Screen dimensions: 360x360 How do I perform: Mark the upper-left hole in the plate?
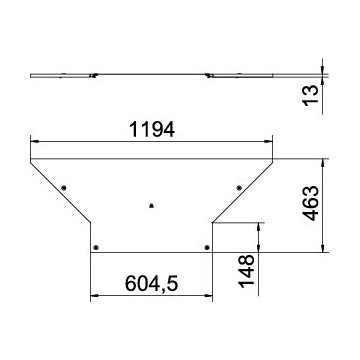65,187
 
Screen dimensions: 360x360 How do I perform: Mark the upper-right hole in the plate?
238,187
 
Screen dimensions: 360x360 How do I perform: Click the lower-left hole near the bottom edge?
95,246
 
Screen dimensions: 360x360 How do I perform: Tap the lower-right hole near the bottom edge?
208,246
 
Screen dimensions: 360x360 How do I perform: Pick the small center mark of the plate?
150,208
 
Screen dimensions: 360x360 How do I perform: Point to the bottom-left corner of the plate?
91,251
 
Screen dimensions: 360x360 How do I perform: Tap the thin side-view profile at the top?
151,74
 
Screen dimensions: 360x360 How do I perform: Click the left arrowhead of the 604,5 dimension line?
95,296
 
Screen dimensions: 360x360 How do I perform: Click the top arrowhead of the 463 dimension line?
322,161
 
